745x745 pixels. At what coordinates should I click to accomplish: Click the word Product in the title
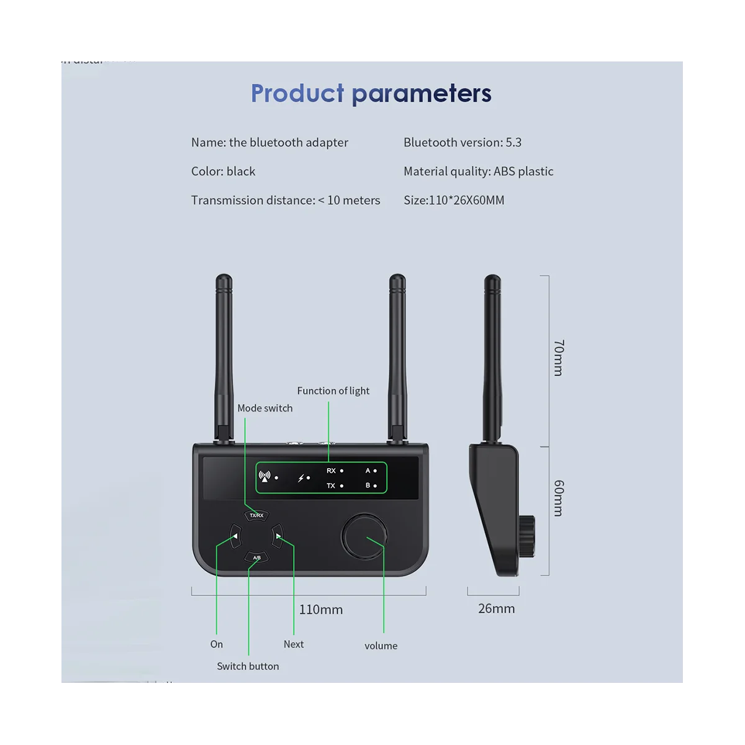(297, 94)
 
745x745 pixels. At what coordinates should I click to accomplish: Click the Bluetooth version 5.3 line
(462, 142)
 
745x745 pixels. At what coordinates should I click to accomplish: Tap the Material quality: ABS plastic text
(478, 171)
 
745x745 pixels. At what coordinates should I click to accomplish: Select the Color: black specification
(223, 171)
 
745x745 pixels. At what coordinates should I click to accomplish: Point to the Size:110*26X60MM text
(454, 200)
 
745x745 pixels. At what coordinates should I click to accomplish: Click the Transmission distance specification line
(285, 200)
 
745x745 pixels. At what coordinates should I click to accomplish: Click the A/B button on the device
(256, 558)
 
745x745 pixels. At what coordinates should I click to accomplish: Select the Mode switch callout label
(264, 408)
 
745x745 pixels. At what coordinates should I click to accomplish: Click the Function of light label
(333, 391)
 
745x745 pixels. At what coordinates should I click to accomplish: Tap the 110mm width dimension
(320, 610)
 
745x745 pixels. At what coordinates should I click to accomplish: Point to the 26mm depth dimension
(496, 608)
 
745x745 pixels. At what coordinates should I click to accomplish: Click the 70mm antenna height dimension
(558, 358)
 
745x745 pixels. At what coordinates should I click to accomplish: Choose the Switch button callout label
(248, 666)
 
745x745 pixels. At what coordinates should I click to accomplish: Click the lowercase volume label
(381, 646)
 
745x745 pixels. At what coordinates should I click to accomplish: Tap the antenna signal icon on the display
(265, 477)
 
